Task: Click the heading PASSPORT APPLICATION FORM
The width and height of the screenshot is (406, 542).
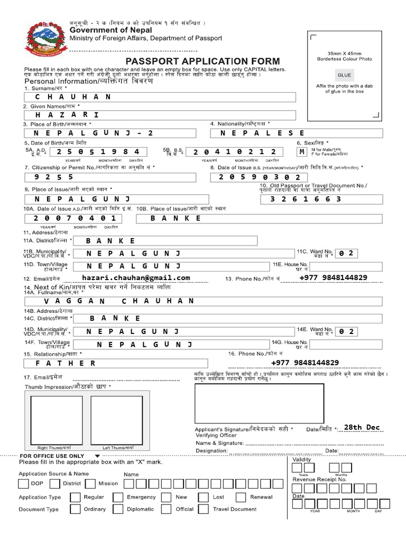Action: tap(202, 61)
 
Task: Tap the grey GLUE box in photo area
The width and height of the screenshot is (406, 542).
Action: tap(344, 75)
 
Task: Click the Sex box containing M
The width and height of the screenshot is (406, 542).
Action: tap(302, 152)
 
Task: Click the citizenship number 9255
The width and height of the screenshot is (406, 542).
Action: tap(106, 177)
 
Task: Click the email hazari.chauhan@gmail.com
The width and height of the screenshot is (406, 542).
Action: tap(136, 278)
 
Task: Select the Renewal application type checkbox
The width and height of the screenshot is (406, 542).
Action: tap(241, 498)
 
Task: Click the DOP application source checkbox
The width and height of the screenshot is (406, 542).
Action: tap(23, 484)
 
